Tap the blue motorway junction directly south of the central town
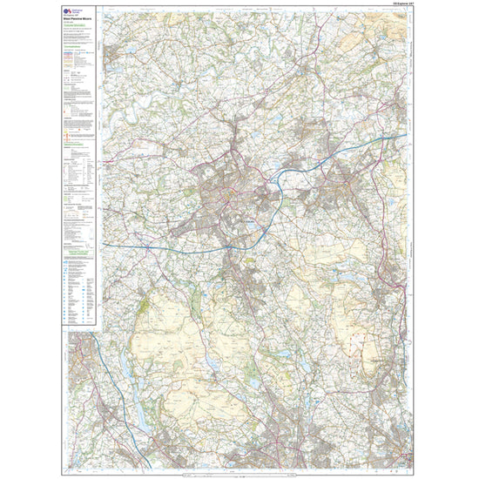point(228,247)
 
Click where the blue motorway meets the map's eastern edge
point(406,136)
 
